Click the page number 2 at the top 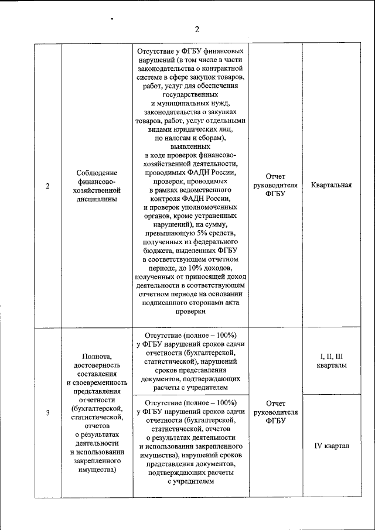pyautogui.click(x=197, y=30)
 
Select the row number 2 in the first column pyautogui.click(x=47, y=186)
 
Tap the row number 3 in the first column pyautogui.click(x=47, y=413)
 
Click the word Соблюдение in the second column pyautogui.click(x=97, y=173)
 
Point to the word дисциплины pyautogui.click(x=97, y=199)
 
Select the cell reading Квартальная pyautogui.click(x=332, y=186)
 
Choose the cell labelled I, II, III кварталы pyautogui.click(x=332, y=361)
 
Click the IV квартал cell pyautogui.click(x=332, y=446)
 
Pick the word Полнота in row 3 pyautogui.click(x=97, y=355)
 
